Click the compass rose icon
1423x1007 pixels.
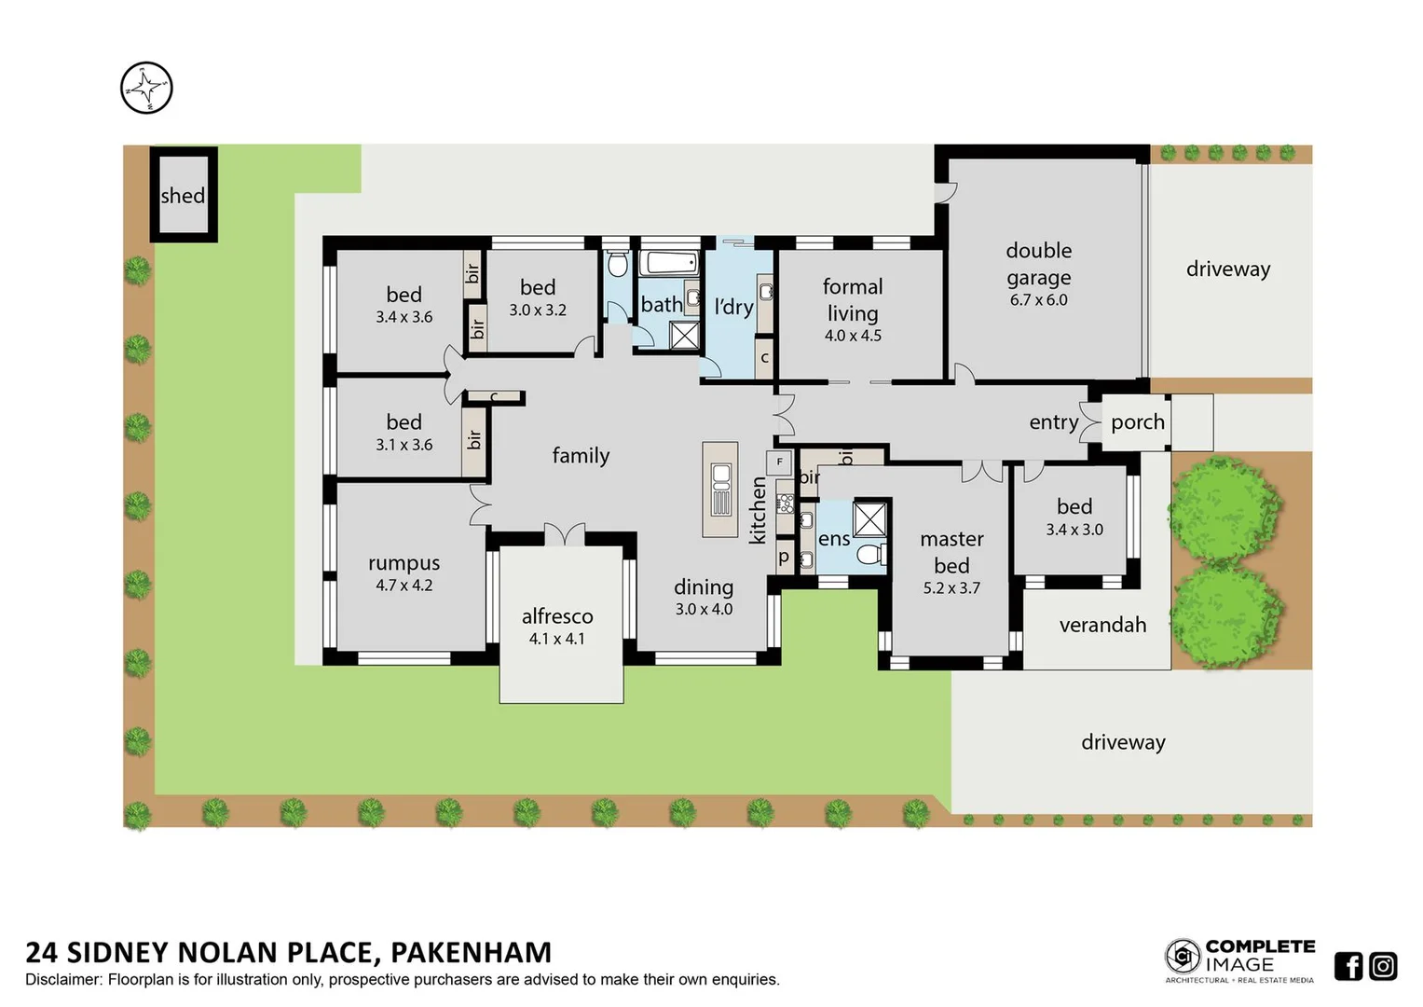(x=146, y=89)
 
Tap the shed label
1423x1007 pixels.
(x=183, y=196)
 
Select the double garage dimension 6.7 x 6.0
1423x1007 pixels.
(x=1038, y=300)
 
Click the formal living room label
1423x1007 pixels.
(x=852, y=299)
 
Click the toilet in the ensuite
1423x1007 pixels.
(x=870, y=556)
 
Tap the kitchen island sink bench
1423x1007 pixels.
(x=720, y=490)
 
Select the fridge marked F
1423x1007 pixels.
(x=779, y=462)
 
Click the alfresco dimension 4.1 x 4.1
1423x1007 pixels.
(x=556, y=640)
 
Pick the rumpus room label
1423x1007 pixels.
(x=404, y=563)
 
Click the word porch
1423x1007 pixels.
(x=1137, y=422)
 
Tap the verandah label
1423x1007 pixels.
(x=1102, y=626)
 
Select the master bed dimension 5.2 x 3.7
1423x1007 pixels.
(x=951, y=588)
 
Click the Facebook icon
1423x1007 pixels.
(x=1348, y=966)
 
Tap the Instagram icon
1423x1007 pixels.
(x=1383, y=966)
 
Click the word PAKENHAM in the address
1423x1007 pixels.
(x=471, y=952)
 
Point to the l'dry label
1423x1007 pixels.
(x=733, y=307)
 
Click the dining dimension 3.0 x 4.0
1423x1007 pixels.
(x=704, y=610)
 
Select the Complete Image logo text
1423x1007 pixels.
(x=1259, y=956)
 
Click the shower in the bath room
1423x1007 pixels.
(x=685, y=335)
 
